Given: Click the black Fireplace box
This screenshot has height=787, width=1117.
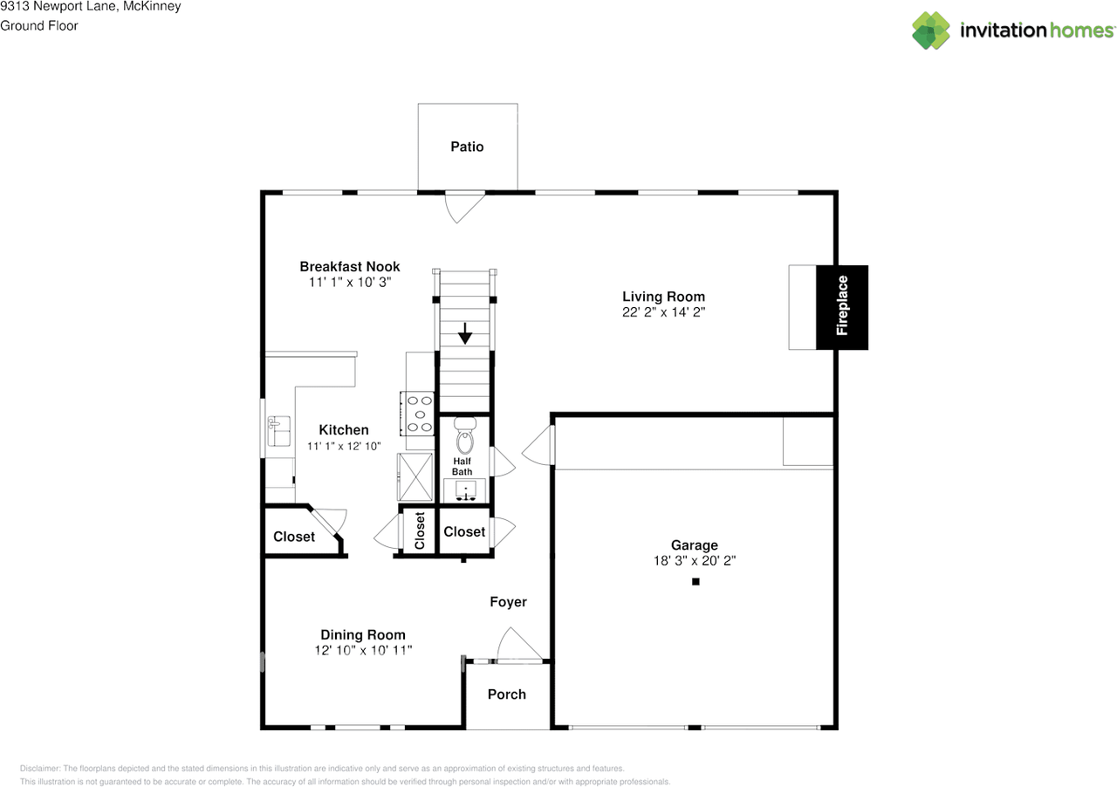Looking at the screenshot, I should pos(842,307).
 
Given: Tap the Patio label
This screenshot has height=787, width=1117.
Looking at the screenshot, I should pos(467,147).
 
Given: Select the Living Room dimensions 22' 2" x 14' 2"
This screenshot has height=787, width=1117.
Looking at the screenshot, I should pos(663,312).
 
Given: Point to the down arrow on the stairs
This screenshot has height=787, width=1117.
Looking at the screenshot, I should pos(465,333).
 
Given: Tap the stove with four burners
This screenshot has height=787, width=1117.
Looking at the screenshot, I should pos(419,413).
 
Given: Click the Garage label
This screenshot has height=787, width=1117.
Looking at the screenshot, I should pos(694,545).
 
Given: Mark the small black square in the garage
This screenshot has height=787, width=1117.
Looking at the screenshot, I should pos(696,581).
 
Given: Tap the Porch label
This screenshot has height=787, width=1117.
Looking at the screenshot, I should pos(506,695).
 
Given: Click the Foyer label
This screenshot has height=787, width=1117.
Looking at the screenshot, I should pos(508,602).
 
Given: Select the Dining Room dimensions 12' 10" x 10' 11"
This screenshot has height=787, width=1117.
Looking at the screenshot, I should pos(363,650).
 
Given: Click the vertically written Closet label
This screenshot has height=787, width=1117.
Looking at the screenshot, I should pos(420,530).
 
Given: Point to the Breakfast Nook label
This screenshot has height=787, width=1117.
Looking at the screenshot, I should pos(349,266).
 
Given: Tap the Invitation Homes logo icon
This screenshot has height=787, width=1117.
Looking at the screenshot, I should pos(931,31).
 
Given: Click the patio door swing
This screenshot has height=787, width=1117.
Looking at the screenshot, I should pos(463,206).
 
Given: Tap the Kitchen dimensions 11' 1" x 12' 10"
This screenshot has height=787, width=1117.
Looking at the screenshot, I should pos(344,446).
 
